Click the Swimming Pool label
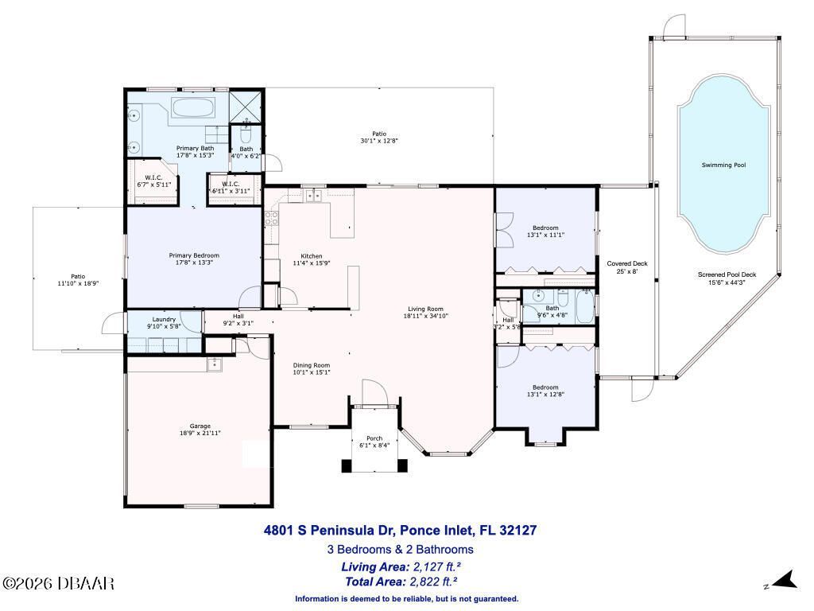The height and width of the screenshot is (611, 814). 723,165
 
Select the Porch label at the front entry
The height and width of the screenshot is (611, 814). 374,438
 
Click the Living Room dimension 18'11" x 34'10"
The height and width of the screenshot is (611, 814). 425,316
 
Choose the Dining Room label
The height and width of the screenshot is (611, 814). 312,364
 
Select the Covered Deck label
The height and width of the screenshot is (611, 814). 627,263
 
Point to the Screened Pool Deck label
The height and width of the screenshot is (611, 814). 727,274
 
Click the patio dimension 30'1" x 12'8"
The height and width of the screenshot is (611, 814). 378,141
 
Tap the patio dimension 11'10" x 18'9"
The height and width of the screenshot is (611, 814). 77,283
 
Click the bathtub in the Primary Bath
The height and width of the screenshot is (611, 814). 193,109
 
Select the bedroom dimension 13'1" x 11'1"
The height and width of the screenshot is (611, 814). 545,235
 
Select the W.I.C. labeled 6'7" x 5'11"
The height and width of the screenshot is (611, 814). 153,181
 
